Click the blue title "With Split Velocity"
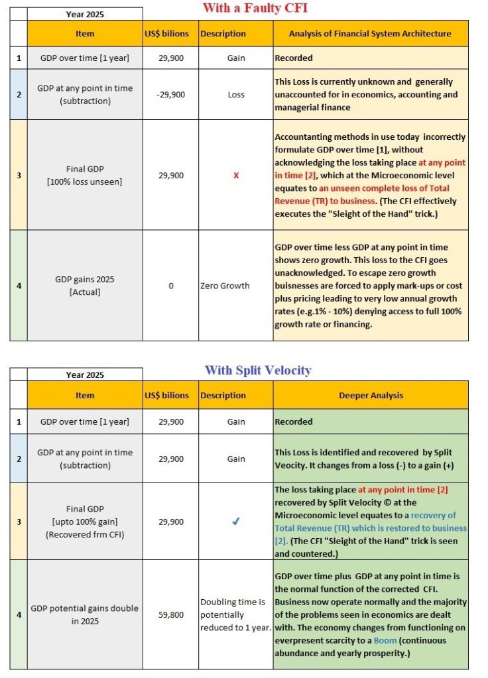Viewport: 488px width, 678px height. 258,370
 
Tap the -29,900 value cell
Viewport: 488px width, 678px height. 170,95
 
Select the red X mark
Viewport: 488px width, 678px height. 235,175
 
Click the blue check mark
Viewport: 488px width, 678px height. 235,522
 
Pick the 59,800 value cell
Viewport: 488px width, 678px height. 170,614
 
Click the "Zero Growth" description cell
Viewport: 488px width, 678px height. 225,286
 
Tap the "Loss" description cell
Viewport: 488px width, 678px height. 235,95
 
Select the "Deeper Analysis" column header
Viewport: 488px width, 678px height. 370,396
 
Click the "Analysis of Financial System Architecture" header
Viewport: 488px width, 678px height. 370,34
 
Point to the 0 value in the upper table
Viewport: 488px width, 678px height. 170,286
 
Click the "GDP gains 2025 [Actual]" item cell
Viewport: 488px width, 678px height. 85,286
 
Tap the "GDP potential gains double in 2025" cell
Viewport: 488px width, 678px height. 85,614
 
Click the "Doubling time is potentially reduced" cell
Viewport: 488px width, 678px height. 235,614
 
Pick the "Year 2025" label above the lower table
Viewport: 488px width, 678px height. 85,374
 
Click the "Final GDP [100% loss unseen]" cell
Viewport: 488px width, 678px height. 85,175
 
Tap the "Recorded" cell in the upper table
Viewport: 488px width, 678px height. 294,58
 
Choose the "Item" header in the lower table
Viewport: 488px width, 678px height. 85,396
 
